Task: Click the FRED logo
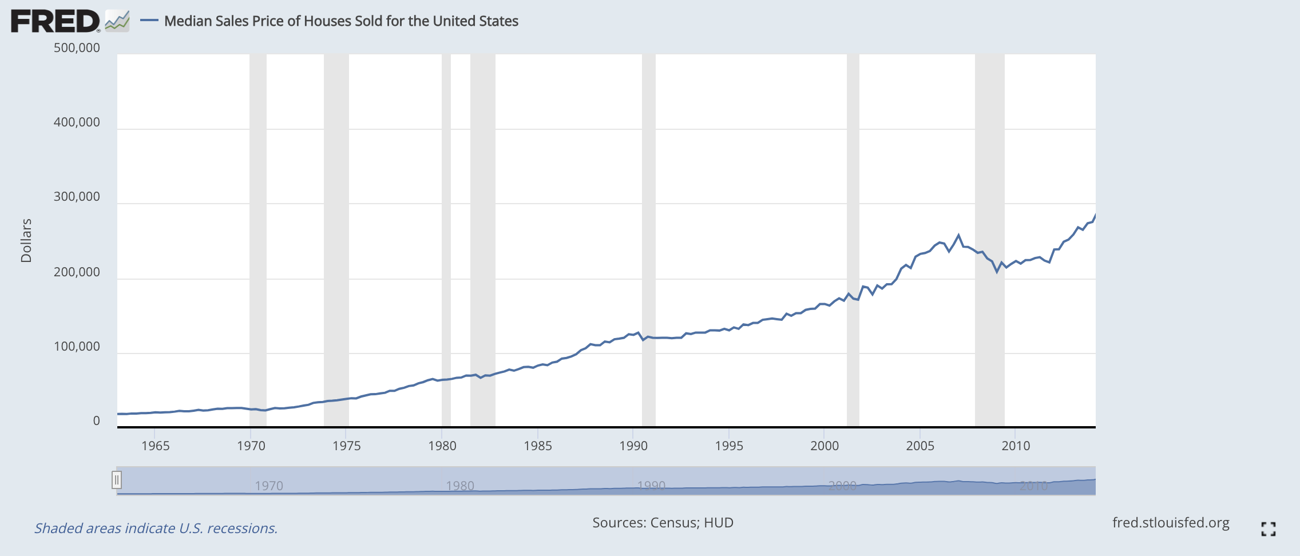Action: coord(56,22)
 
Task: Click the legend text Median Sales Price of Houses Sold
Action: coord(341,21)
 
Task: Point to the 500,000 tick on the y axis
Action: coord(77,48)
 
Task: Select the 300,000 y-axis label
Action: coord(77,197)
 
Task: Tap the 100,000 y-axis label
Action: coord(77,347)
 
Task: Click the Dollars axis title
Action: coord(26,241)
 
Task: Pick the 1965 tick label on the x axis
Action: coord(156,446)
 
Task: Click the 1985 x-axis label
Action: coord(538,446)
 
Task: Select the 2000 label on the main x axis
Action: coord(825,446)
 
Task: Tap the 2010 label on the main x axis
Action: coord(1016,446)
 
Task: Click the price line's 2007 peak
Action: coord(958,235)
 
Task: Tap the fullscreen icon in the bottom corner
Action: coord(1269,529)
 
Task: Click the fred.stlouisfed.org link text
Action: coord(1171,523)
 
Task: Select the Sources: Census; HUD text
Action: coord(663,523)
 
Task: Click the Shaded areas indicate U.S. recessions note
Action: coord(156,529)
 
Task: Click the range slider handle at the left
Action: coord(117,480)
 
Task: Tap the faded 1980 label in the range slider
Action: coord(460,486)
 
